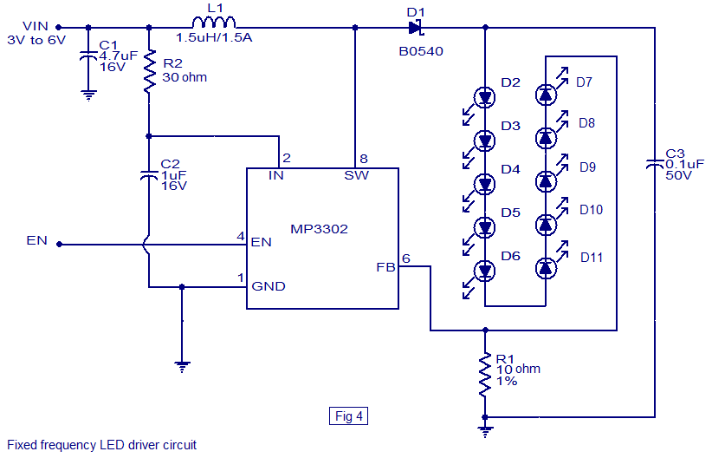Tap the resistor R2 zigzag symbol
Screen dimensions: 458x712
149,75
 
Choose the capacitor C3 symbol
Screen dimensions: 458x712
655,165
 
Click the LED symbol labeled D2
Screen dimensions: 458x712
485,95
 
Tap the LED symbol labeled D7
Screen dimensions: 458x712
546,93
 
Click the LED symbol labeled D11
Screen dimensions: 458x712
546,268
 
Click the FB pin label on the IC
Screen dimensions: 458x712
385,267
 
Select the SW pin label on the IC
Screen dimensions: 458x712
357,176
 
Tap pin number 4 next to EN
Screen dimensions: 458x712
241,236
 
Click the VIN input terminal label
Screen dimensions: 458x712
36,26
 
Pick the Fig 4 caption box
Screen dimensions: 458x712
350,416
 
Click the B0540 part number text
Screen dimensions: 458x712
421,51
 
